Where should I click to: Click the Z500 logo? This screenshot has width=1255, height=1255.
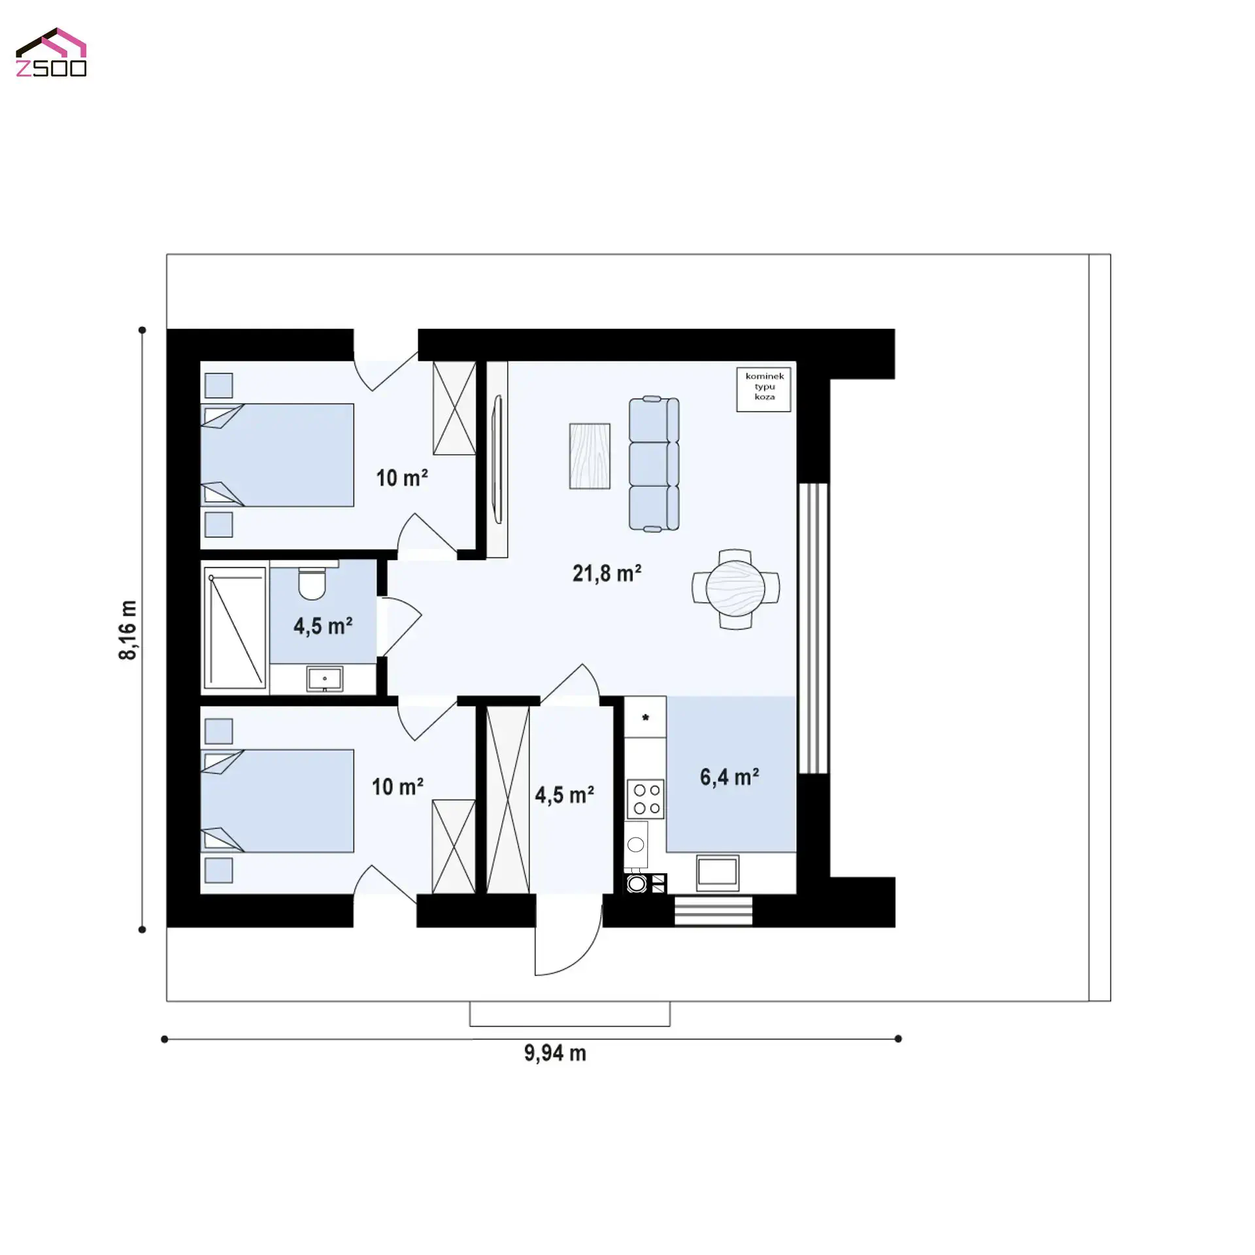51,53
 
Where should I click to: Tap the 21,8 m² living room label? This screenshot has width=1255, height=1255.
607,573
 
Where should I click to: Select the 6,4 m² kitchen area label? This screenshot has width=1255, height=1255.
729,777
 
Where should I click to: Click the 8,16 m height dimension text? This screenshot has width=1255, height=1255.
129,629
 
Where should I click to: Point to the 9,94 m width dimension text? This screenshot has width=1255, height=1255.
555,1053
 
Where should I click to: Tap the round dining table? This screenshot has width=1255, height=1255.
735,589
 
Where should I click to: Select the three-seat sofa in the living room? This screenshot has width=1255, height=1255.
654,463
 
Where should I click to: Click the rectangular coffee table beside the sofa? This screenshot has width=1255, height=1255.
590,456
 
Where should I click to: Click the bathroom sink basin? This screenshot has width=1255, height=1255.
324,678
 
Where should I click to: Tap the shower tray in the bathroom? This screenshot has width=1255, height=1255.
235,627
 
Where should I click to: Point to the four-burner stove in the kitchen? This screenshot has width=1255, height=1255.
646,799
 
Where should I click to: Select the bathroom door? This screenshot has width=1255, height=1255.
400,626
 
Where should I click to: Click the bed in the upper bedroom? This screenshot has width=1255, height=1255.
278,455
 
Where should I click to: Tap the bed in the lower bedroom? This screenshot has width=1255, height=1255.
278,801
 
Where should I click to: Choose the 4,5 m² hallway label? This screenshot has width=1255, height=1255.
564,795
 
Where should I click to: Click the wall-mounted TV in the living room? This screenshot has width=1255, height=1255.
497,459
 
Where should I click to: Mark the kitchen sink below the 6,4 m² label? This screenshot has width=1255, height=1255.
718,872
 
